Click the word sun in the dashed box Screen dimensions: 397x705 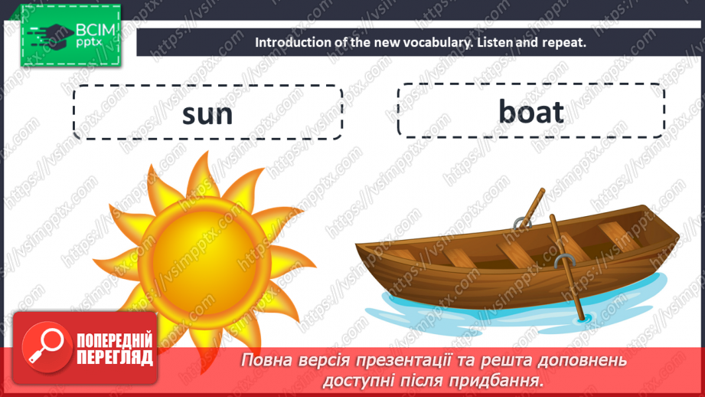[207, 113]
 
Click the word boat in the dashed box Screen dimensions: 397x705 [531, 112]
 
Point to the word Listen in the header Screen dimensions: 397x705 [498, 42]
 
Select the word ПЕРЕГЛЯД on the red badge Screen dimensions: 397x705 [114, 357]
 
